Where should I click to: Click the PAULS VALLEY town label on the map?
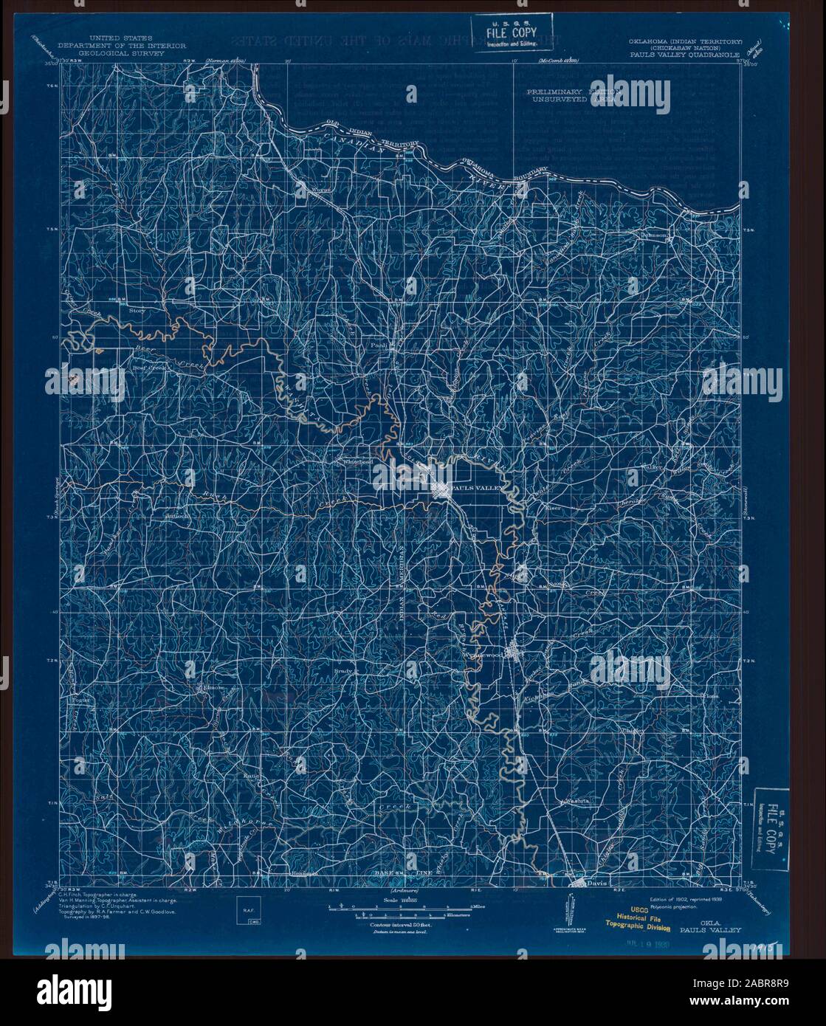click(475, 489)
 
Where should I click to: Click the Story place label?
click(137, 311)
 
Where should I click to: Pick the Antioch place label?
click(178, 516)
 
